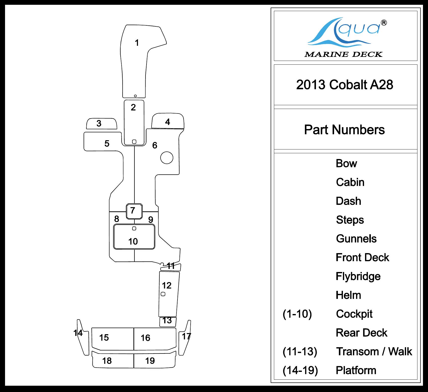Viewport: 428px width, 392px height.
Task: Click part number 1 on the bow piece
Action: pyautogui.click(x=137, y=43)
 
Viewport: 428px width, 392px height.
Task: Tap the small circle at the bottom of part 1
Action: pyautogui.click(x=135, y=96)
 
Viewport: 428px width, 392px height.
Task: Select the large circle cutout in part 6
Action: pyautogui.click(x=167, y=158)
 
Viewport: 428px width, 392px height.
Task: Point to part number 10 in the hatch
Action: pyautogui.click(x=133, y=242)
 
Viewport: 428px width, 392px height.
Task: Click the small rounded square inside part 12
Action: pyautogui.click(x=163, y=294)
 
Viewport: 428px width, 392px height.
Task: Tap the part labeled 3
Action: pyautogui.click(x=99, y=124)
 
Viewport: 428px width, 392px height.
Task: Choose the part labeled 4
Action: pyautogui.click(x=167, y=122)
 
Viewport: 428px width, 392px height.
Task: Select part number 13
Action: pyautogui.click(x=167, y=321)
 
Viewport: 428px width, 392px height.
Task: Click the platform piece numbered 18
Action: pyautogui.click(x=107, y=361)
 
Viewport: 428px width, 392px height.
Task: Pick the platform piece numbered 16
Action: pyautogui.click(x=146, y=338)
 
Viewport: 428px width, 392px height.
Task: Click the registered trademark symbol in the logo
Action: pyautogui.click(x=384, y=23)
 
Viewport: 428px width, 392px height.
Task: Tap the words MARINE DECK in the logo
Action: pyautogui.click(x=343, y=54)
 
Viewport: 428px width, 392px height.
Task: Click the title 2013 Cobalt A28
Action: pyautogui.click(x=344, y=85)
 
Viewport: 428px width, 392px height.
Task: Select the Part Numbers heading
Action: pyautogui.click(x=344, y=130)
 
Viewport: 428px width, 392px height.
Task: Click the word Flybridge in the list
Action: pyautogui.click(x=358, y=276)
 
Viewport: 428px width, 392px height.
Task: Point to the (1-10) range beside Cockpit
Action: pyautogui.click(x=297, y=314)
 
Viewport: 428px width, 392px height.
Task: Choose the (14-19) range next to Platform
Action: pyautogui.click(x=300, y=370)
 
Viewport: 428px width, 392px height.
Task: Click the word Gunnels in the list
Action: pyautogui.click(x=356, y=239)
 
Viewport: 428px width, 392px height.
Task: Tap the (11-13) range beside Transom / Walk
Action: pyautogui.click(x=300, y=352)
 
